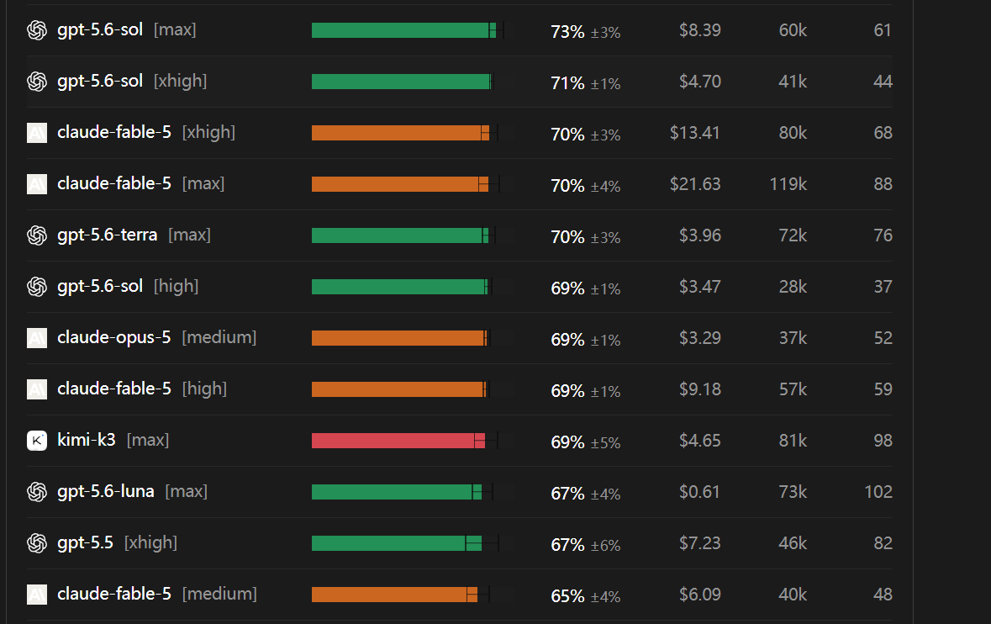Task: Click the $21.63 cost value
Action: [x=694, y=184]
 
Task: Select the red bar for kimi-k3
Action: [x=398, y=441]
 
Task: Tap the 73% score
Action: [x=567, y=32]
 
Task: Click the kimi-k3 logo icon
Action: [x=37, y=440]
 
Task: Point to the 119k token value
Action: [x=788, y=184]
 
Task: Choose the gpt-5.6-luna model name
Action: [x=106, y=491]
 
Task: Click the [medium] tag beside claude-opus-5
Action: [x=219, y=337]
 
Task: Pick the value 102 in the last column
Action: [x=878, y=492]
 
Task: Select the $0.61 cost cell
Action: [x=699, y=492]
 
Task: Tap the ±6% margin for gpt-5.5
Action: [x=605, y=545]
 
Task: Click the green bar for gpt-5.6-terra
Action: [x=400, y=235]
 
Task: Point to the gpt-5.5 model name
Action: [x=85, y=542]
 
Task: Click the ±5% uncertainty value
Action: [x=605, y=442]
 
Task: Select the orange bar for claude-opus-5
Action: [x=399, y=338]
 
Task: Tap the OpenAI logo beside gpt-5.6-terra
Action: [x=37, y=235]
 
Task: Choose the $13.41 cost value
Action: [x=694, y=133]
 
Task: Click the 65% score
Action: [x=567, y=596]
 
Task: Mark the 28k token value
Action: [x=793, y=287]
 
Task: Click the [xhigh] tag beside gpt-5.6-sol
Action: [x=180, y=81]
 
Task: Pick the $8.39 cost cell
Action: [x=699, y=30]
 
